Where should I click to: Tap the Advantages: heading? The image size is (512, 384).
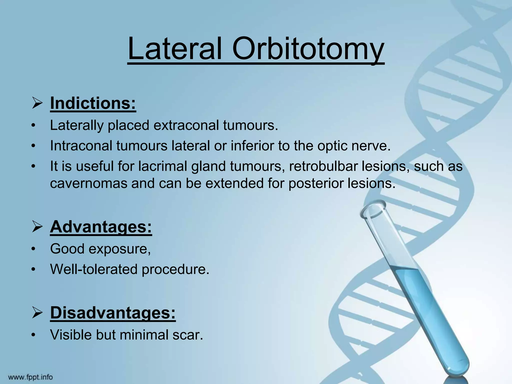(101, 227)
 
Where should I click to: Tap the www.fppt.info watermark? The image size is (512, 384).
(30, 377)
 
